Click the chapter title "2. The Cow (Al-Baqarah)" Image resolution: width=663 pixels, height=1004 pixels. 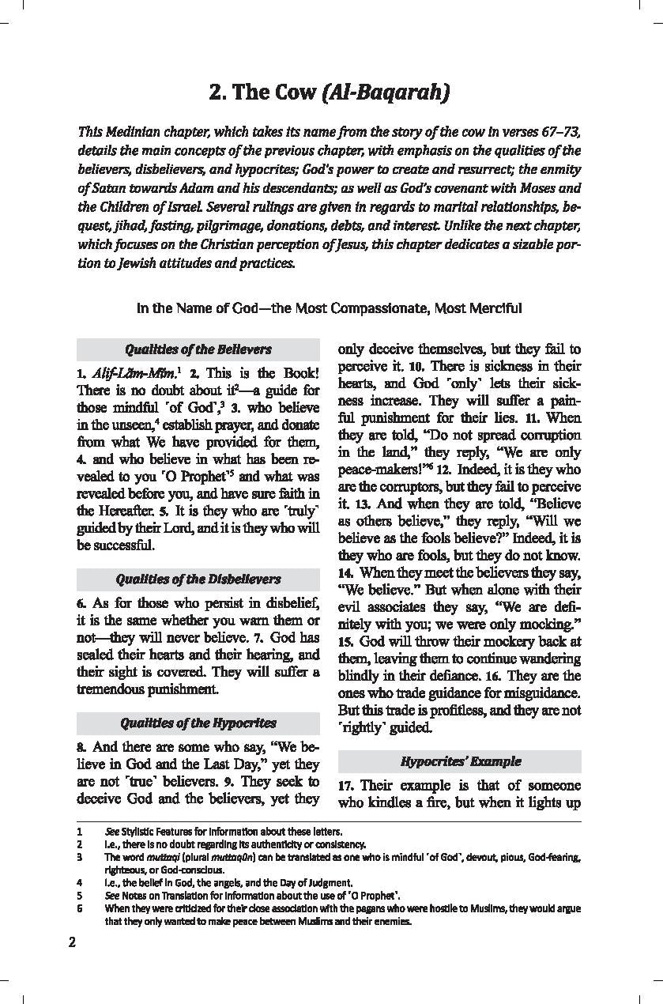pyautogui.click(x=330, y=92)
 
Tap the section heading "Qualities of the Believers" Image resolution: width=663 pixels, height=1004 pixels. pyautogui.click(x=198, y=349)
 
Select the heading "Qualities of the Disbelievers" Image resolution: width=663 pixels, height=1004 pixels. pyautogui.click(x=198, y=579)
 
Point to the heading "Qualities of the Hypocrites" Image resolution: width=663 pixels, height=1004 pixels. pyautogui.click(x=198, y=723)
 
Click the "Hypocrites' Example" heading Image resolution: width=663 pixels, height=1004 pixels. pyautogui.click(x=460, y=761)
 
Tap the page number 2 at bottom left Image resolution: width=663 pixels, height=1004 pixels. pyautogui.click(x=72, y=942)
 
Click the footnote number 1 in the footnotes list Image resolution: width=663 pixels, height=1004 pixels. pyautogui.click(x=80, y=832)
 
